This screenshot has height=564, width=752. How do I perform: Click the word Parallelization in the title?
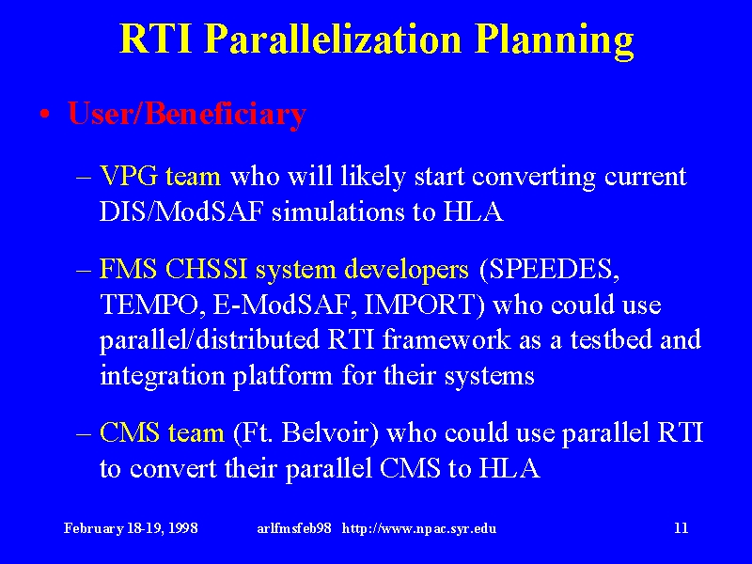[335, 39]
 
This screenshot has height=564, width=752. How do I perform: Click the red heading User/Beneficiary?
[187, 114]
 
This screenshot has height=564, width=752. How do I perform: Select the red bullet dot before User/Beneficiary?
[45, 115]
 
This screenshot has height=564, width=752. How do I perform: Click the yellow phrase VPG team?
[160, 177]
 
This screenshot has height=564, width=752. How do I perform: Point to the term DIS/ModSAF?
[181, 211]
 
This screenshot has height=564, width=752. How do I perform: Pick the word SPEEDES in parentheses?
[546, 269]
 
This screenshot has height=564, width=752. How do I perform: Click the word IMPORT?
[420, 305]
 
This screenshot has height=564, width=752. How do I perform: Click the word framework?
[446, 339]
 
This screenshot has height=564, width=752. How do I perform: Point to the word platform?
[283, 376]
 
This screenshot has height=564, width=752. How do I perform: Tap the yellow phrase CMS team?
[162, 432]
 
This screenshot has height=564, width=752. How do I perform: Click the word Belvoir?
[327, 432]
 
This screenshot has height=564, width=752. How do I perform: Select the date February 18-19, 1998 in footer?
[131, 528]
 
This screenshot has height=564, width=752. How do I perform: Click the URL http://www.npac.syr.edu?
[419, 528]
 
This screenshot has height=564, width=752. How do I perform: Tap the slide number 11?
[681, 528]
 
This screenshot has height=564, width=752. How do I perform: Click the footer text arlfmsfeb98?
[294, 528]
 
